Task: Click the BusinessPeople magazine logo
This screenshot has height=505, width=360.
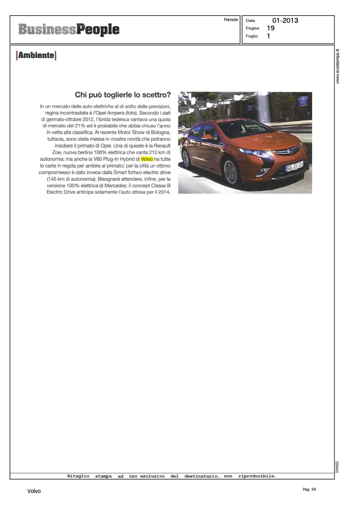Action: click(x=69, y=30)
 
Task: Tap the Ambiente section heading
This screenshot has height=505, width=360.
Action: click(x=36, y=55)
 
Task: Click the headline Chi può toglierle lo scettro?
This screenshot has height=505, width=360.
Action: click(x=123, y=95)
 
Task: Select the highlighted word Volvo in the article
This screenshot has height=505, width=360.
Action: click(x=147, y=159)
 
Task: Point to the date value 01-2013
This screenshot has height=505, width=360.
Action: click(x=285, y=21)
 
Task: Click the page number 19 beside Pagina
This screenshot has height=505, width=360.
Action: click(x=270, y=28)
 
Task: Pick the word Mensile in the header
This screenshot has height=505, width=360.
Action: click(x=231, y=20)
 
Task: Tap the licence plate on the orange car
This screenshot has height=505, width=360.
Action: click(x=294, y=166)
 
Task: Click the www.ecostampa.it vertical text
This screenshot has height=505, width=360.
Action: click(x=338, y=66)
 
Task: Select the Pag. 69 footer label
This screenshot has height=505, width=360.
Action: click(x=309, y=489)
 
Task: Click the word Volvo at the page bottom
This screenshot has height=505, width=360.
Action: click(x=34, y=491)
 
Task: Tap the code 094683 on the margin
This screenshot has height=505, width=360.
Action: click(x=337, y=467)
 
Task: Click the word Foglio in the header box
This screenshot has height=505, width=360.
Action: click(x=252, y=36)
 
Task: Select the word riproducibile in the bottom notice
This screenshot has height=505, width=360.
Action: click(x=257, y=476)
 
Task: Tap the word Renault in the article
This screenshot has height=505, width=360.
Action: click(x=162, y=146)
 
